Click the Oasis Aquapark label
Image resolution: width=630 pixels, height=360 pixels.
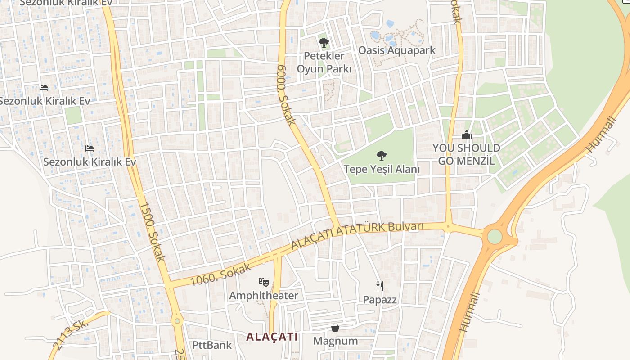[x=396, y=50]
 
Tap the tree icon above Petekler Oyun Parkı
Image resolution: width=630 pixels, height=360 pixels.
[x=324, y=43]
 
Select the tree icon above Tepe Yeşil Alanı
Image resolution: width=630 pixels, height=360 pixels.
[x=382, y=156]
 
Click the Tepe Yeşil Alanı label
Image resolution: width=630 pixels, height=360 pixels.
[x=382, y=169]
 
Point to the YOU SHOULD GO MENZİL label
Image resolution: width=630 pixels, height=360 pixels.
[x=466, y=154]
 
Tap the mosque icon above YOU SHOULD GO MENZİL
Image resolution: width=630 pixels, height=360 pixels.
[x=467, y=135]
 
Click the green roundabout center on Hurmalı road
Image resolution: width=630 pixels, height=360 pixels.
[x=494, y=236]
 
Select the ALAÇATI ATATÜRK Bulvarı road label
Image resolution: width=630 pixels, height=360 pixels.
[x=357, y=235]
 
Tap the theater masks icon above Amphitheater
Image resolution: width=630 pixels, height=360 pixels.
[x=264, y=283]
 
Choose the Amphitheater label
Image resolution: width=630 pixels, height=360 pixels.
[x=264, y=296]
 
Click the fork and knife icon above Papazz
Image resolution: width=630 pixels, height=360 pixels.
[x=380, y=286]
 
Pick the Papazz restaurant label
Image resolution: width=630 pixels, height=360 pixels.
[x=380, y=299]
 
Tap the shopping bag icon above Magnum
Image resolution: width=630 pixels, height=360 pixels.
[x=335, y=327]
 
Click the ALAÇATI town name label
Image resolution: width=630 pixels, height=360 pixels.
[x=272, y=337]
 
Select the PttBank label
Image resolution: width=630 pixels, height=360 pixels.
[x=212, y=345]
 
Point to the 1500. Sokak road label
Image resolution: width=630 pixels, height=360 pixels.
[x=152, y=232]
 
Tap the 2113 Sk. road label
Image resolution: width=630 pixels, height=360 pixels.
[x=70, y=335]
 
